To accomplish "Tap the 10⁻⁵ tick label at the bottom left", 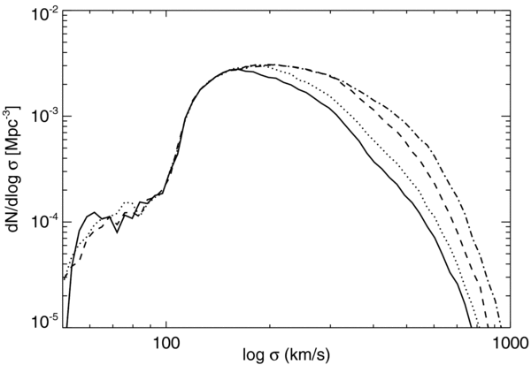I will click(x=44, y=323).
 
